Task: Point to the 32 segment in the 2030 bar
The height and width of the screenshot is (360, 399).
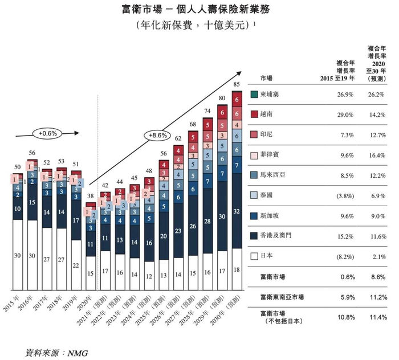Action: [x=237, y=211]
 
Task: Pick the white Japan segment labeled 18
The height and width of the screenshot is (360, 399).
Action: [x=237, y=269]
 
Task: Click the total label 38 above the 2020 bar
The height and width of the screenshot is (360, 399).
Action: [x=90, y=197]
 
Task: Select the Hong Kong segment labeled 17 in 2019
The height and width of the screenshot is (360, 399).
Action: [x=75, y=219]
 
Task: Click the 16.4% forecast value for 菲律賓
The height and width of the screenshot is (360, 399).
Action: [x=377, y=154]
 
